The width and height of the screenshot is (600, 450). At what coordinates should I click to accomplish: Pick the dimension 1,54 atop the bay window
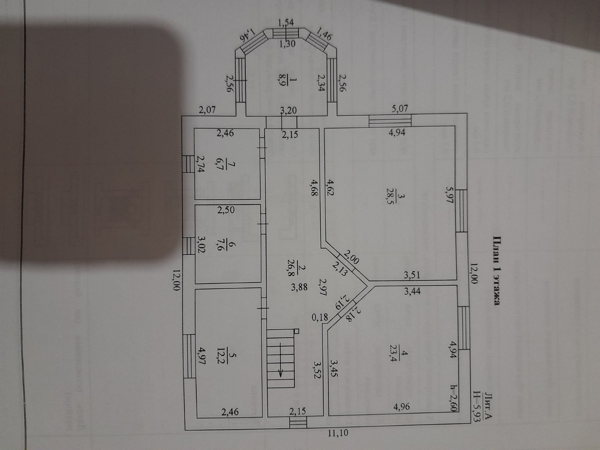pos(286,23)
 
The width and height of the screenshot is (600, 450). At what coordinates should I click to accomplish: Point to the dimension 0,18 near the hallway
pos(319,317)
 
